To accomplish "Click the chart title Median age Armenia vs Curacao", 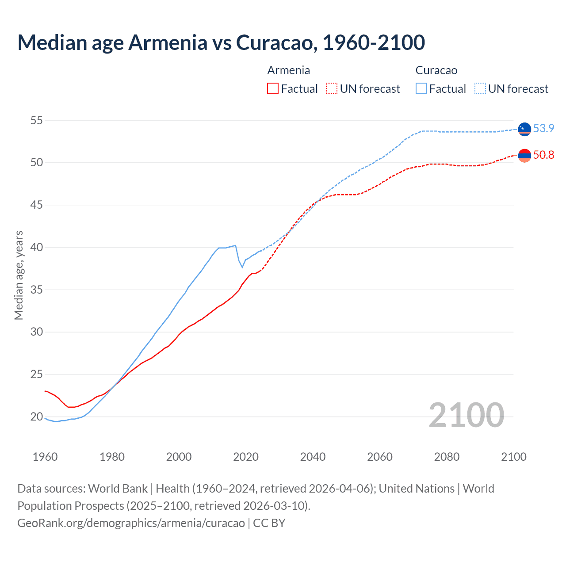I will click(221, 42).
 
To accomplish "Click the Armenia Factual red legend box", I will click(273, 88).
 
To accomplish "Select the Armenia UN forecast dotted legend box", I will click(332, 88).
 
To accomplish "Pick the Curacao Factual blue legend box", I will click(421, 88).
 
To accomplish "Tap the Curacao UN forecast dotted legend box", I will click(480, 88).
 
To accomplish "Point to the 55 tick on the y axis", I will click(37, 120).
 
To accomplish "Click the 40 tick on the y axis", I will click(37, 247).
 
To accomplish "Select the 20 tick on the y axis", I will click(37, 417).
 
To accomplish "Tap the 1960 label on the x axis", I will click(45, 457).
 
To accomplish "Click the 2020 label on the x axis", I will click(246, 457).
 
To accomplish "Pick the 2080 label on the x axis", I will click(447, 457).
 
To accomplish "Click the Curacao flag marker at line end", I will click(524, 129).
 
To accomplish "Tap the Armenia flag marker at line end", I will click(524, 155).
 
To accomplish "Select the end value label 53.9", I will click(543, 128).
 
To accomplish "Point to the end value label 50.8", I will click(543, 155).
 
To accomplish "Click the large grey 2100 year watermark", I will click(466, 415).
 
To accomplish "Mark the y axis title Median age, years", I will click(19, 275).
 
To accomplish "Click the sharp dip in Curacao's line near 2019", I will click(242, 267).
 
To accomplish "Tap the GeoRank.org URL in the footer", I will click(131, 523).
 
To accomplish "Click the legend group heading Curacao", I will click(436, 70).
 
